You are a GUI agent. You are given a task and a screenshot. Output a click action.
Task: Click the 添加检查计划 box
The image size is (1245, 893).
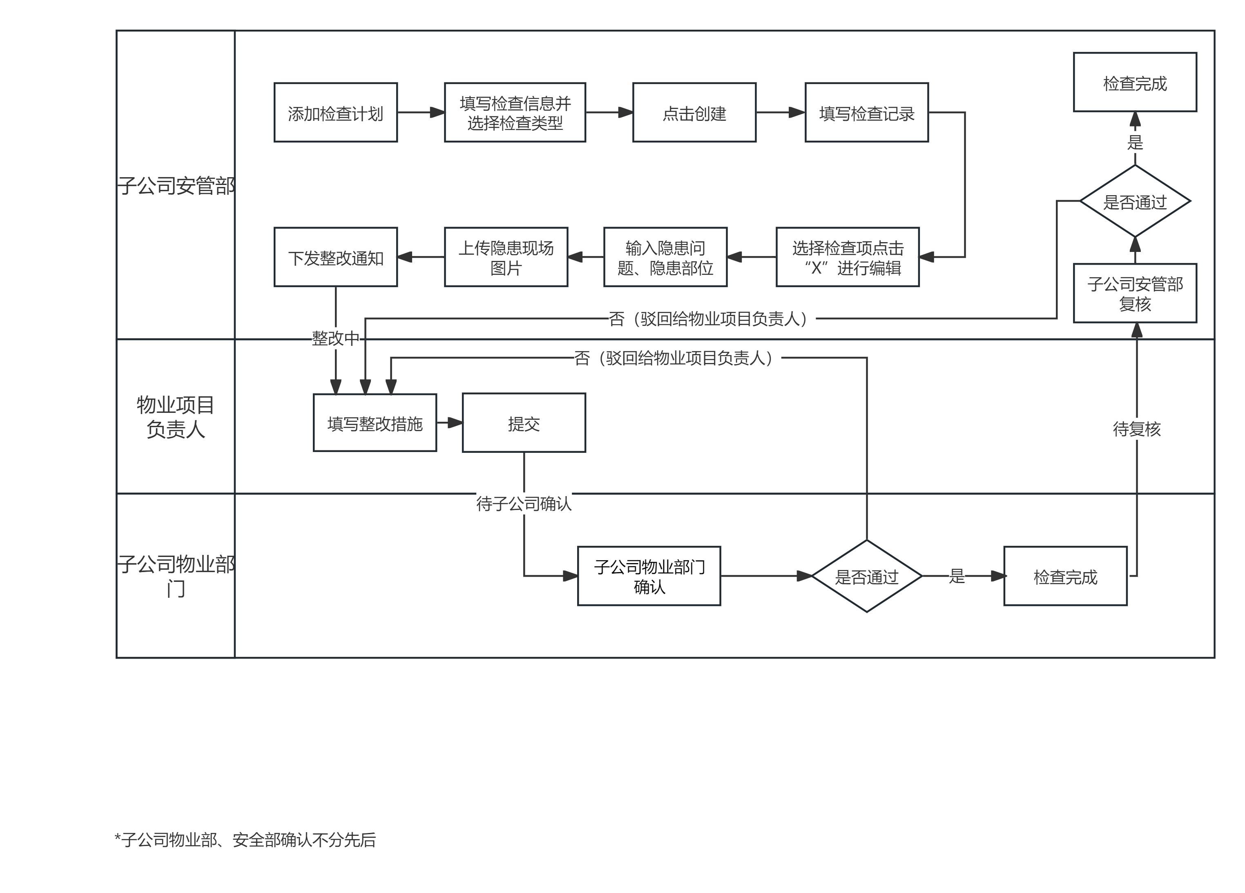click(x=335, y=113)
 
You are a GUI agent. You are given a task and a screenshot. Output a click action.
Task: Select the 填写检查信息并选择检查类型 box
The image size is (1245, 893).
click(x=515, y=113)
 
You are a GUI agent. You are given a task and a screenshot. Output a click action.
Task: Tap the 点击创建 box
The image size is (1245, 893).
click(x=694, y=113)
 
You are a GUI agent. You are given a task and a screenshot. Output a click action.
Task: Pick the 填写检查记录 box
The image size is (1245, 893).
click(x=866, y=113)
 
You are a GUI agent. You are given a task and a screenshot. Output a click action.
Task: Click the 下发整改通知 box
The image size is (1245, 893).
click(x=335, y=257)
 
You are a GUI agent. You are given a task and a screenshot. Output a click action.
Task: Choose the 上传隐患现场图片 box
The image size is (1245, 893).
click(x=506, y=257)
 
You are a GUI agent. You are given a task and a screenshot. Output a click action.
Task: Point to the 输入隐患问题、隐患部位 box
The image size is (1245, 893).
click(x=665, y=257)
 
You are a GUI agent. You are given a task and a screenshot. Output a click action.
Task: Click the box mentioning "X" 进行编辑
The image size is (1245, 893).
click(x=847, y=257)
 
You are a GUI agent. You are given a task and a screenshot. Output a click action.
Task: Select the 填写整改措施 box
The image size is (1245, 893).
click(x=375, y=423)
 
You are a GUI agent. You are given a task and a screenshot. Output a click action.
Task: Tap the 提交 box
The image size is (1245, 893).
click(x=524, y=423)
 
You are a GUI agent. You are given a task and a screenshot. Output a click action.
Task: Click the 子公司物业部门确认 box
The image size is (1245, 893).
click(x=649, y=576)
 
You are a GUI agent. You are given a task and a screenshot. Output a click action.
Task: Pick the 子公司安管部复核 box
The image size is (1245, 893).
click(x=1135, y=294)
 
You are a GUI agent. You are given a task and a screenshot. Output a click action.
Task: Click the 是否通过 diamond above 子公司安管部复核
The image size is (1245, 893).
click(x=1135, y=201)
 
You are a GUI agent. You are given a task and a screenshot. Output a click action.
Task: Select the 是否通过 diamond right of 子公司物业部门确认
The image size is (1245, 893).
click(x=866, y=576)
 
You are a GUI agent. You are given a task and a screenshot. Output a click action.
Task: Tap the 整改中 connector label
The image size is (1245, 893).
click(x=335, y=338)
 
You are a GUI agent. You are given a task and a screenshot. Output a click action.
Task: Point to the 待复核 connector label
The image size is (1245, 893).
click(x=1136, y=429)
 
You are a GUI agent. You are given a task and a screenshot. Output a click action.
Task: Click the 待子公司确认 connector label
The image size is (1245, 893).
click(x=524, y=503)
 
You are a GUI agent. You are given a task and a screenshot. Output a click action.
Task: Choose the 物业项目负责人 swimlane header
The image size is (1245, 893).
click(x=175, y=416)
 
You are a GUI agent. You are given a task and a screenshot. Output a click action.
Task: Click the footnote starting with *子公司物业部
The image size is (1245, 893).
click(x=245, y=840)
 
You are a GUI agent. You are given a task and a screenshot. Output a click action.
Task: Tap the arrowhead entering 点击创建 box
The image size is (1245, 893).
click(x=626, y=113)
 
